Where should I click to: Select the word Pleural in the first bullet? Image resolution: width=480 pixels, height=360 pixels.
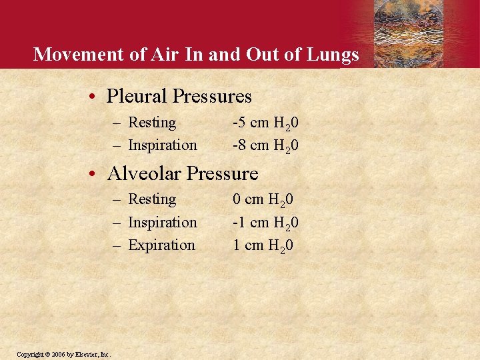137,97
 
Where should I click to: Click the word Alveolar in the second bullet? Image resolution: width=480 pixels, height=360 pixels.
144,174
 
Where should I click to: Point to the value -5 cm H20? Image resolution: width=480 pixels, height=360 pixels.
265,123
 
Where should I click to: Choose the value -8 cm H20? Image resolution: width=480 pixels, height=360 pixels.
265,145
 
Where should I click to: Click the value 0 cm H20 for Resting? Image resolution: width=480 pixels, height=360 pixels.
263,200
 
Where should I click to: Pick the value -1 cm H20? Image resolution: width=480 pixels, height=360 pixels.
265,223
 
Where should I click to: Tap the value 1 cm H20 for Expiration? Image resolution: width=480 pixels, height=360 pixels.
263,245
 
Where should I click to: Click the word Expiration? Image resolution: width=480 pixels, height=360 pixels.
161,245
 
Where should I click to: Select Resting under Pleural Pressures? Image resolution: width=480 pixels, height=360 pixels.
152,123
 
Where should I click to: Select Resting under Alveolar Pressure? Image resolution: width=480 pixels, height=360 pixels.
152,199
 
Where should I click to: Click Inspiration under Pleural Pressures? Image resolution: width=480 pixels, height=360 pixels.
162,145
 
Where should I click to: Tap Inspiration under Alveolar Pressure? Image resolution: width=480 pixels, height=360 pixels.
162,223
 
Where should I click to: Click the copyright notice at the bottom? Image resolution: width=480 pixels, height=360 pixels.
64,353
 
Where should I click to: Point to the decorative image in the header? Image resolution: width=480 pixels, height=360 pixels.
425,33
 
